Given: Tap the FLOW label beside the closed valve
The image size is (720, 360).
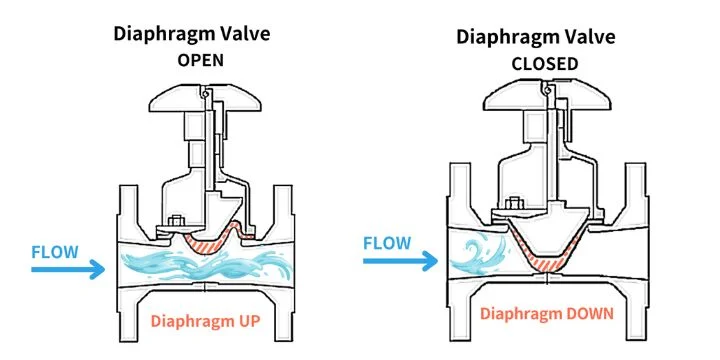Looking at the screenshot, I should pyautogui.click(x=388, y=243).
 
